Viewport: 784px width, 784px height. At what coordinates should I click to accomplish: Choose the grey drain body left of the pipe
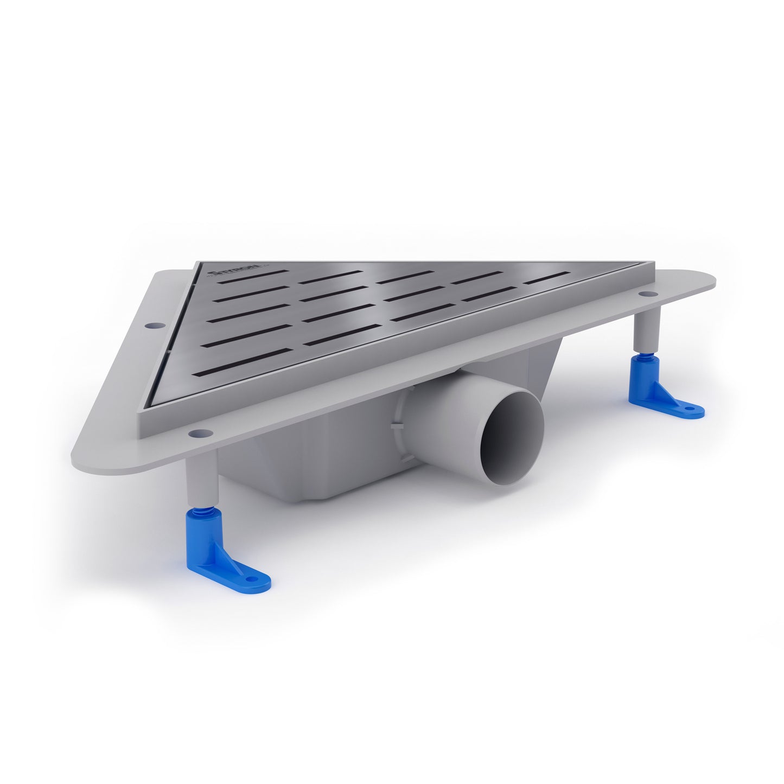click(x=304, y=467)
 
